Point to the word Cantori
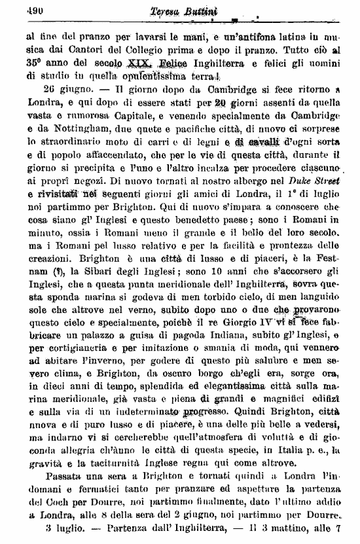[86, 49]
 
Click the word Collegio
[146, 49]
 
